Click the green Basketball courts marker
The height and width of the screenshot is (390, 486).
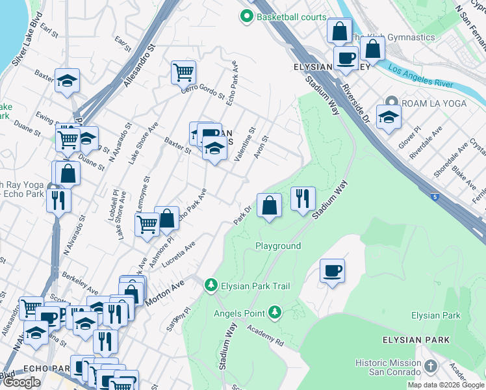pos(247,17)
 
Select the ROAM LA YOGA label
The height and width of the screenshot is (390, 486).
pos(428,103)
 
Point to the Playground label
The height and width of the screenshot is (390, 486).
pos(277,246)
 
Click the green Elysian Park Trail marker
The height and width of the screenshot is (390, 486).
pos(211,285)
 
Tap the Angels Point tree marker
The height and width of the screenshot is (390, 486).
pos(275,313)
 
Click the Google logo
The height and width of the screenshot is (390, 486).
pos(21,382)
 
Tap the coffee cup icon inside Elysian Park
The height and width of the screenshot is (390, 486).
pos(332,270)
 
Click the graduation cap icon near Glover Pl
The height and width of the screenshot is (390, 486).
pos(389,117)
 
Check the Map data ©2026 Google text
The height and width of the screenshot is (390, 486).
pos(446,385)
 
